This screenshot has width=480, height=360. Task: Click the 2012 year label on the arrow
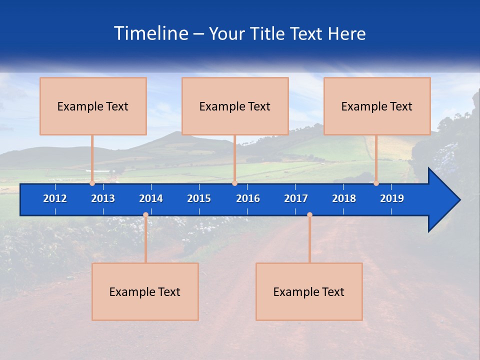(55, 198)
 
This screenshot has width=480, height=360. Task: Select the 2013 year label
(103, 198)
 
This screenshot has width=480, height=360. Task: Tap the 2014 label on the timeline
(151, 198)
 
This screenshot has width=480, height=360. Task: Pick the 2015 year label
(199, 198)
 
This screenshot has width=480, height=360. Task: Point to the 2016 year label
(248, 198)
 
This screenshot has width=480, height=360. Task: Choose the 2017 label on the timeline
(296, 198)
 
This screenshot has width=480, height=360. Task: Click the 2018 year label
(344, 198)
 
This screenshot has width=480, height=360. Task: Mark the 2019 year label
(392, 198)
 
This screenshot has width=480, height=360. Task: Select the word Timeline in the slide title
(151, 33)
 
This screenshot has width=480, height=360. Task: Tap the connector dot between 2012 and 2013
(92, 183)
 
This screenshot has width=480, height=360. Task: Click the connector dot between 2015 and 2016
(234, 183)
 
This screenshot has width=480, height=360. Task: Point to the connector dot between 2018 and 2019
(376, 183)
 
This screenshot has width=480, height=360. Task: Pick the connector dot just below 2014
(145, 215)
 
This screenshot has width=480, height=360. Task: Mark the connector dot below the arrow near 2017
(309, 215)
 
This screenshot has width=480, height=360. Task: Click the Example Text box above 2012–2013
(93, 106)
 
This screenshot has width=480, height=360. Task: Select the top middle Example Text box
(235, 106)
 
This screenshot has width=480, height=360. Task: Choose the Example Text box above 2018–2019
(377, 106)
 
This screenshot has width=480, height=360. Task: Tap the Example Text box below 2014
(145, 291)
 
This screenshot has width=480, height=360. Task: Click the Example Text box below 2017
(309, 291)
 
